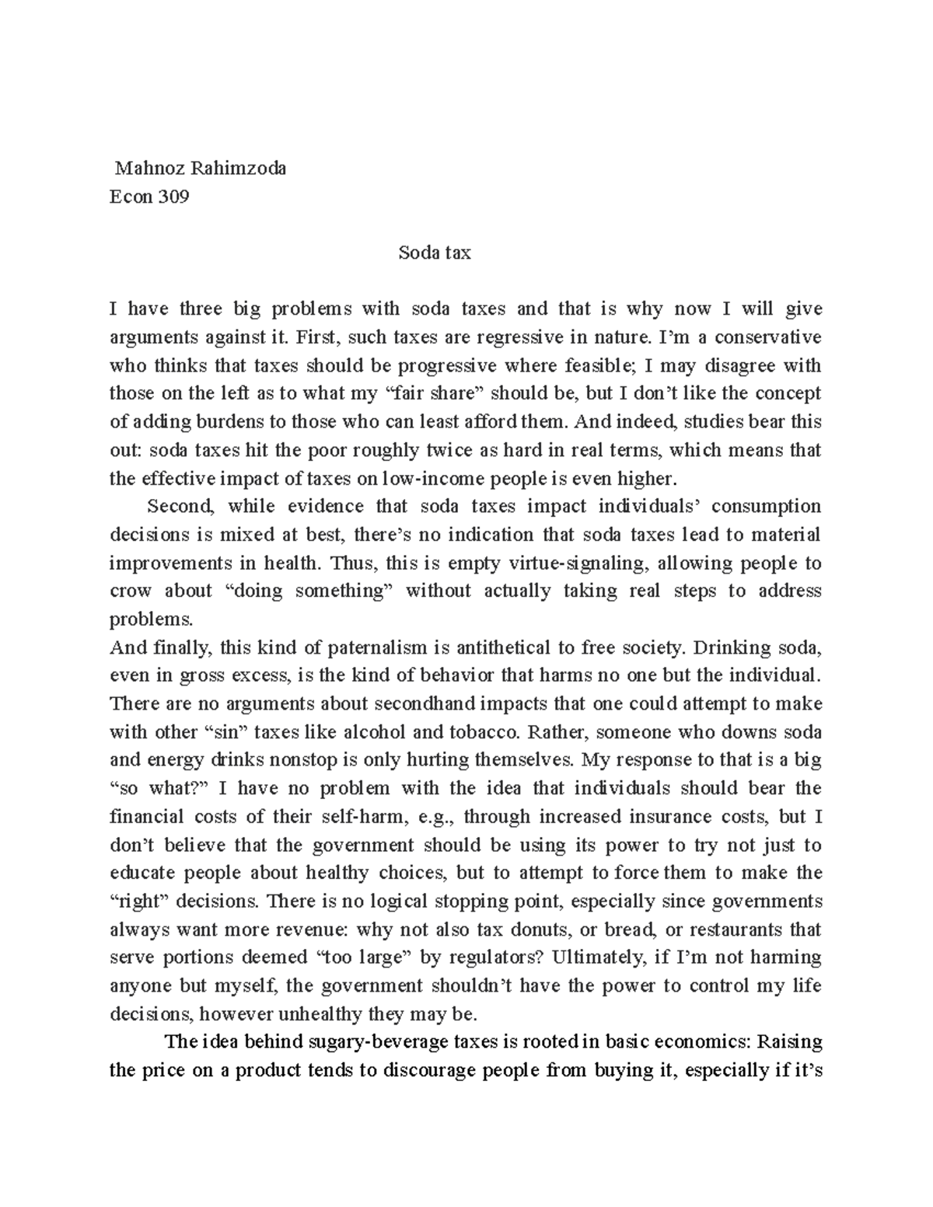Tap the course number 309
click(x=173, y=197)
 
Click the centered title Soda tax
click(x=435, y=253)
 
